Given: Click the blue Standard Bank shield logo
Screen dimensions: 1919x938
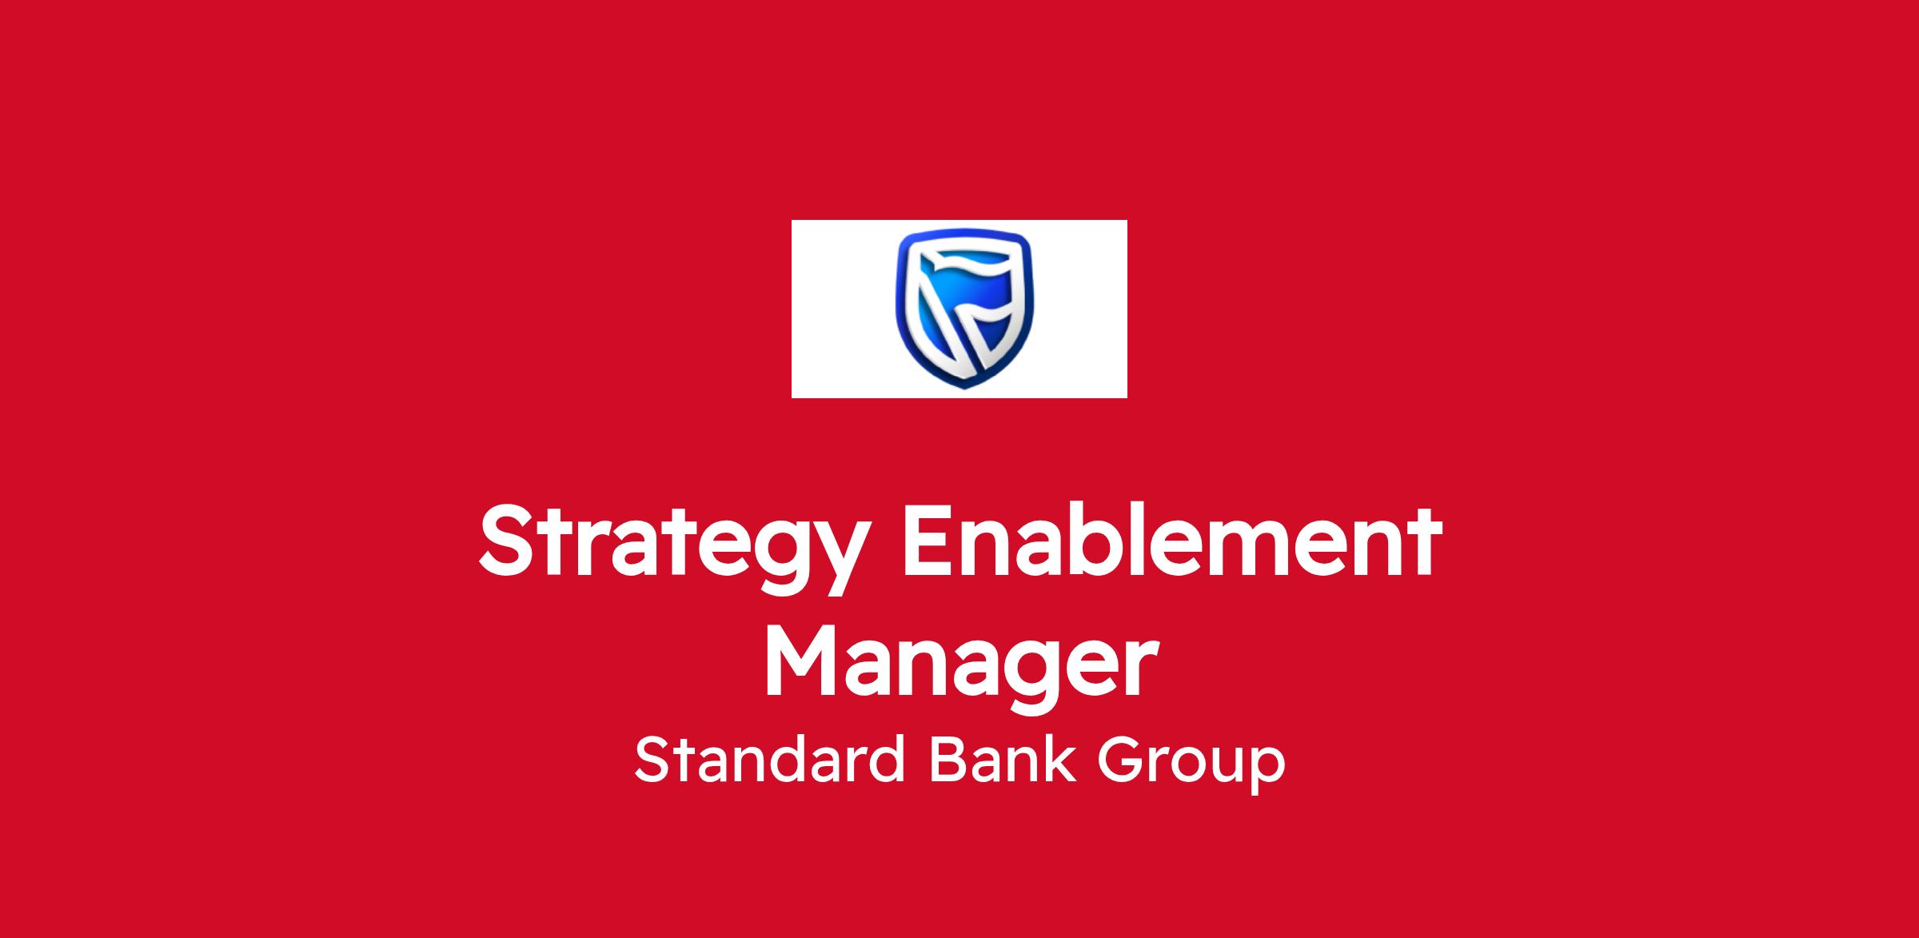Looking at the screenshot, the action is [963, 308].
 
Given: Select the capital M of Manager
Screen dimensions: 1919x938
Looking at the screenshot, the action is [803, 664].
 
